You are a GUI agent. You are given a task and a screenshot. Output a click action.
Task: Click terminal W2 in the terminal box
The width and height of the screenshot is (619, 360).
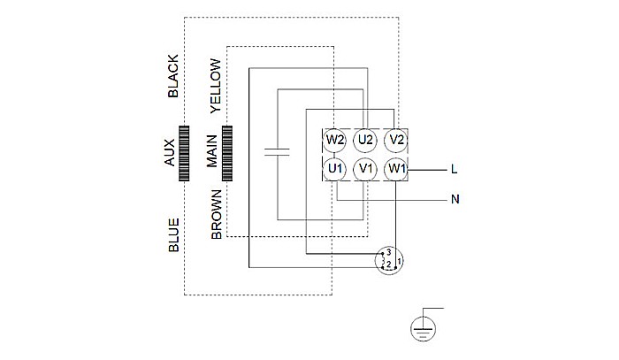click(x=334, y=140)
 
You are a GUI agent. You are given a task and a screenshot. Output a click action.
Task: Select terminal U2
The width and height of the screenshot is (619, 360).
click(x=365, y=140)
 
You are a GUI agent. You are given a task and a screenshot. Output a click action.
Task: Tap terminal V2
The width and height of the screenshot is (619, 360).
click(x=395, y=140)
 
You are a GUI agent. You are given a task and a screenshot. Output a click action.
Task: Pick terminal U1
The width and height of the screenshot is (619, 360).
click(x=334, y=168)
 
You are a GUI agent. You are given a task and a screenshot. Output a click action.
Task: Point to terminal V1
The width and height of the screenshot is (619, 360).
click(x=365, y=168)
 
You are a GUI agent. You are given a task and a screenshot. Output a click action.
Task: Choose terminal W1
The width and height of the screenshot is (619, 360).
click(x=395, y=168)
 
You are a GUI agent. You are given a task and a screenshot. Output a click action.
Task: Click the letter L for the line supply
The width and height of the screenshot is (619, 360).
click(x=454, y=168)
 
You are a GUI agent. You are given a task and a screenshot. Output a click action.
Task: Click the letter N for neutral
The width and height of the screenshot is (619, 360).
click(x=455, y=199)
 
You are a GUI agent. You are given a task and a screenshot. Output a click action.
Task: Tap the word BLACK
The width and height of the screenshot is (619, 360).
click(x=173, y=76)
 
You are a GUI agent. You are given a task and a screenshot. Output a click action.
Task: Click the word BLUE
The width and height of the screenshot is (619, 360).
click(x=173, y=235)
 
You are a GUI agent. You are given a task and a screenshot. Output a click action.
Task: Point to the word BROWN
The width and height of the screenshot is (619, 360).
click(x=216, y=216)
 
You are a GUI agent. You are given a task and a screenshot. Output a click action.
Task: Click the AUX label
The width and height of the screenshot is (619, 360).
click(x=170, y=154)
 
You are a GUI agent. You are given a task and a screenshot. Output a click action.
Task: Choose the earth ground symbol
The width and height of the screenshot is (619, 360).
click(x=424, y=327)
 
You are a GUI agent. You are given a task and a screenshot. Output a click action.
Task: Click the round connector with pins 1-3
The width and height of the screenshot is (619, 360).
click(x=387, y=261)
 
